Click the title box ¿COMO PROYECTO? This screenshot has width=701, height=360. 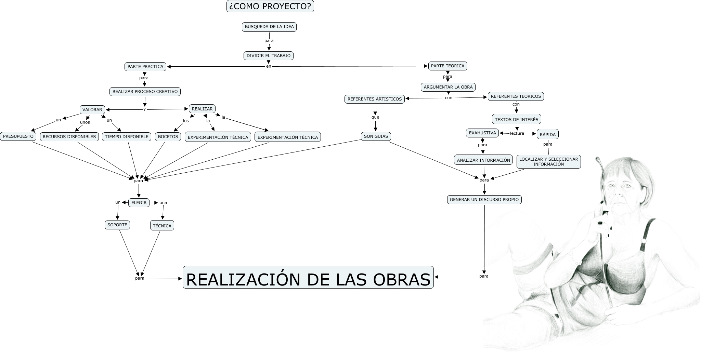[x=270, y=6]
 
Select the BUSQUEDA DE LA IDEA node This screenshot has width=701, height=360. [x=269, y=27]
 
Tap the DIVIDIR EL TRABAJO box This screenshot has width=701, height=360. [x=269, y=55]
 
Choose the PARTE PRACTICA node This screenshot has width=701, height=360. [x=145, y=66]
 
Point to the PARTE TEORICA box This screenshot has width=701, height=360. [x=447, y=66]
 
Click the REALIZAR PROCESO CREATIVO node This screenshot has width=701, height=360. [x=145, y=91]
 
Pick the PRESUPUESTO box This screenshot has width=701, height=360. [x=18, y=136]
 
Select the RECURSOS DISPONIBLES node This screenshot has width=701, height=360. [x=69, y=136]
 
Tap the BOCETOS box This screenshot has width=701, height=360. [x=168, y=136]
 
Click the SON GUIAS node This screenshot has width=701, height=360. [x=376, y=136]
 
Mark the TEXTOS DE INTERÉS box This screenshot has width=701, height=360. [x=517, y=119]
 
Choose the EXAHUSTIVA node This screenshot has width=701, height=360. [x=482, y=133]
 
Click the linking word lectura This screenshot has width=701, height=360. [x=517, y=133]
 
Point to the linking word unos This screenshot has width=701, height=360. [x=85, y=122]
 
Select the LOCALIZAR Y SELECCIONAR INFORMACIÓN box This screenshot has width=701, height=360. [x=548, y=161]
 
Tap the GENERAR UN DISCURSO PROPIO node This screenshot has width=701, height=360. [x=484, y=199]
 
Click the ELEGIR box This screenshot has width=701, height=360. [x=139, y=202]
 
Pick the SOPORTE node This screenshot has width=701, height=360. [x=117, y=225]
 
